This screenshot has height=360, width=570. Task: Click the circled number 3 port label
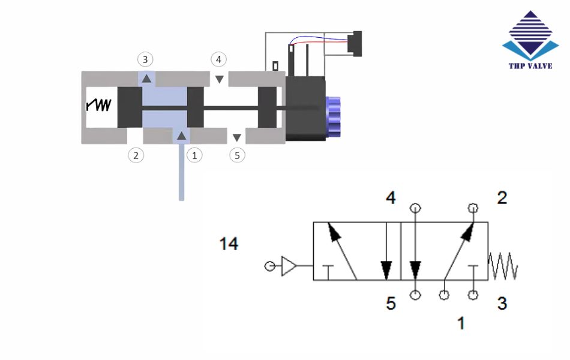coord(145,59)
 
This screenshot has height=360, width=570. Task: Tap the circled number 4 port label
coord(219,59)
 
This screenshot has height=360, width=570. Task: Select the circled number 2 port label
coord(136,155)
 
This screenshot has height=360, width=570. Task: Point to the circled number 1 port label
coord(194,155)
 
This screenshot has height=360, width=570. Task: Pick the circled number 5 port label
coord(238,155)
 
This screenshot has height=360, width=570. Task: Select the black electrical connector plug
coord(356,44)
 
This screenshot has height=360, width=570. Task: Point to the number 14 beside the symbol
coord(229,244)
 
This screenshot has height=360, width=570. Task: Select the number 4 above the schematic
coord(391,198)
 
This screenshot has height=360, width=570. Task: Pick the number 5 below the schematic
coord(391,304)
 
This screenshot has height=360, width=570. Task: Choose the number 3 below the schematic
coord(502,304)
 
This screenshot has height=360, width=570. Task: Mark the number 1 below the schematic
coord(461,323)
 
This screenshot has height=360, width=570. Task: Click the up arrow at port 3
coord(146,77)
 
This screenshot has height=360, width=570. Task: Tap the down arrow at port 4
coord(220,79)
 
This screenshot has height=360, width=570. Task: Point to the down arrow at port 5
coord(237,137)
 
